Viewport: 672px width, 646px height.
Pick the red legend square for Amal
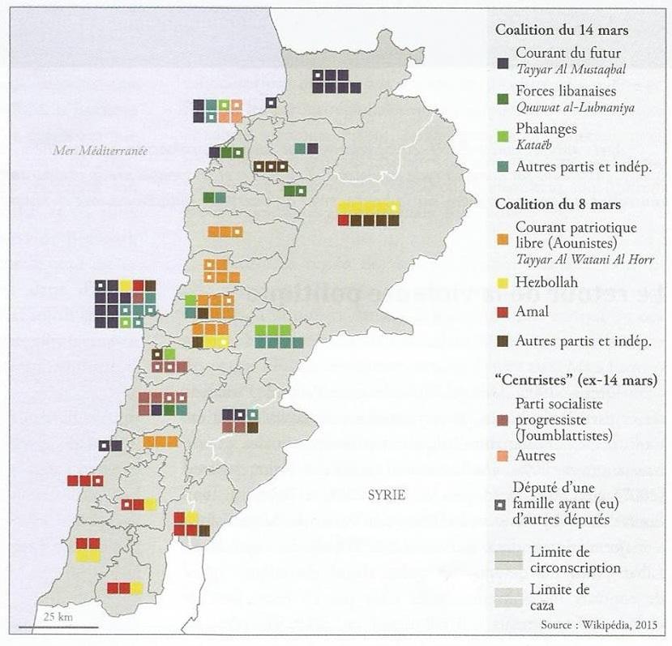click(503, 312)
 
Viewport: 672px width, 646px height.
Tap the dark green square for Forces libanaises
click(503, 98)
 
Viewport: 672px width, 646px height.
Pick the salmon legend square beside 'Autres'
click(503, 456)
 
